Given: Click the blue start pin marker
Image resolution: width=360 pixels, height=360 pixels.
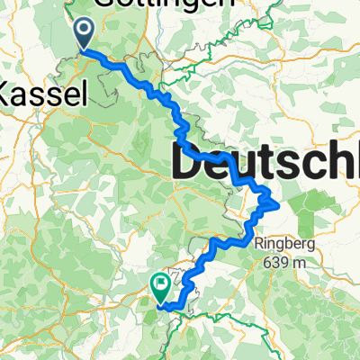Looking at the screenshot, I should tap(83, 35).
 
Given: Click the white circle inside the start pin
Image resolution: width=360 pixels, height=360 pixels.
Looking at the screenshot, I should tap(83, 31).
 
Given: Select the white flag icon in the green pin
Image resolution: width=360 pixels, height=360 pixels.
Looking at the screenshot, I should tap(161, 284).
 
